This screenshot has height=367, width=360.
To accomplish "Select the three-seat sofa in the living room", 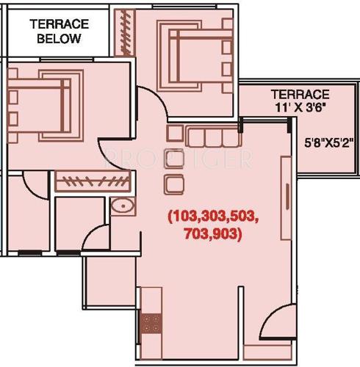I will pyautogui.click(x=213, y=137).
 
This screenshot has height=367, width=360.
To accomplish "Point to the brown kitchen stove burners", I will pyautogui.click(x=152, y=321).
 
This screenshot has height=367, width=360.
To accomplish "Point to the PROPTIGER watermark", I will pyautogui.click(x=179, y=156).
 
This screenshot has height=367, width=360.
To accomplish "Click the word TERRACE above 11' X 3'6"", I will pyautogui.click(x=299, y=95).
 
